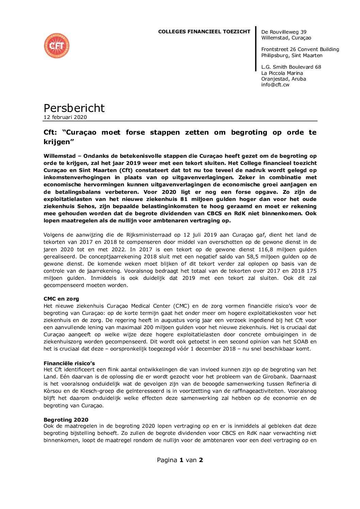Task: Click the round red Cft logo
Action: (56, 46)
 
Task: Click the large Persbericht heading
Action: (74, 108)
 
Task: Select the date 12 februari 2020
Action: (65, 117)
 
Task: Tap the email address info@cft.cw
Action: (275, 85)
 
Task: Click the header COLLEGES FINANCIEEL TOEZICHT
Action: (204, 32)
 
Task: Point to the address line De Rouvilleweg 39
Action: (283, 32)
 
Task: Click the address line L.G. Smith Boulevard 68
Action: (291, 67)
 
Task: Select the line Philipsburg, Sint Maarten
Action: (292, 55)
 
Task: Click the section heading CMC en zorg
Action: (61, 299)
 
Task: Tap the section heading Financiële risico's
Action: (69, 363)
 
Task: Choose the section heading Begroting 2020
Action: (66, 420)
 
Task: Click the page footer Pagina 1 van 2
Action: (180, 460)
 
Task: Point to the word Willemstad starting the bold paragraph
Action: (60, 156)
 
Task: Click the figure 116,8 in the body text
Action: (258, 250)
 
